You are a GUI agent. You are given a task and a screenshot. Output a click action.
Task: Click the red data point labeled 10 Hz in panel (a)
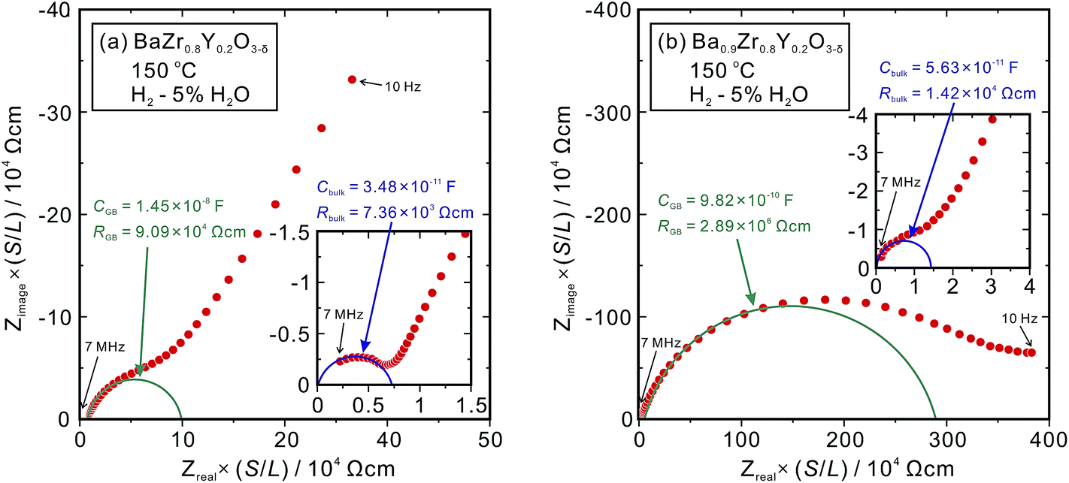click(x=352, y=79)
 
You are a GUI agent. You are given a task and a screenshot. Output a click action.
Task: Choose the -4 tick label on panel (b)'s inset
click(x=861, y=115)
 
